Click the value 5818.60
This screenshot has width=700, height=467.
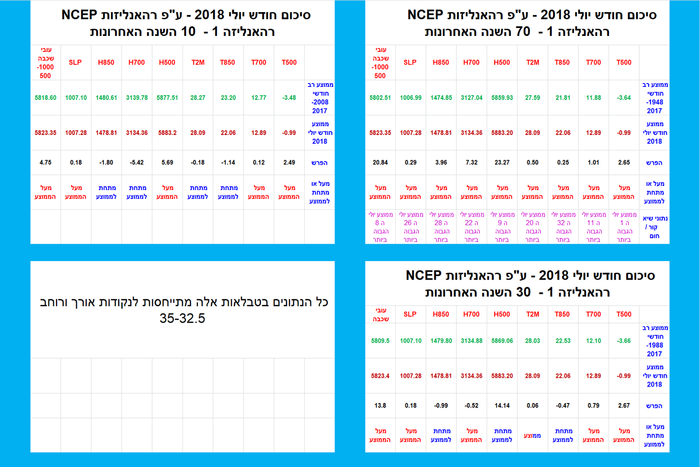[45, 98]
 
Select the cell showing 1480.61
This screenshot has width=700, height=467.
[106, 98]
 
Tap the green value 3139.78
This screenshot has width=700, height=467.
[137, 98]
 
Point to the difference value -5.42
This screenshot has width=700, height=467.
[137, 163]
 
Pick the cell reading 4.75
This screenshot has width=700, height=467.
[45, 163]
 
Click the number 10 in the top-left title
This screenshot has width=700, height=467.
[188, 32]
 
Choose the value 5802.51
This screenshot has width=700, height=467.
[380, 98]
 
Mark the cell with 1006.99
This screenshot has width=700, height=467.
[411, 98]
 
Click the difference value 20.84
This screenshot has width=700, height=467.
[380, 163]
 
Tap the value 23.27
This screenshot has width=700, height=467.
[502, 163]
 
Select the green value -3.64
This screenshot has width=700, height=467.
[624, 98]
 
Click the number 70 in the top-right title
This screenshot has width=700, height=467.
[523, 32]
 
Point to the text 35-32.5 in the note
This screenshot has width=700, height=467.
[182, 318]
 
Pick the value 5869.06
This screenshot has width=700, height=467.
[502, 341]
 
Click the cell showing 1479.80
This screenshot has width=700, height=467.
[441, 341]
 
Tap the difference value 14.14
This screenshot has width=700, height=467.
[502, 406]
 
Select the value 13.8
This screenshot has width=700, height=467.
[380, 406]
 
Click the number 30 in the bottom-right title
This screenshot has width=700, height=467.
[523, 292]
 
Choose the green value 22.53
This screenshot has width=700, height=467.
[563, 341]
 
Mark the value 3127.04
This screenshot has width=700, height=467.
[472, 98]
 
